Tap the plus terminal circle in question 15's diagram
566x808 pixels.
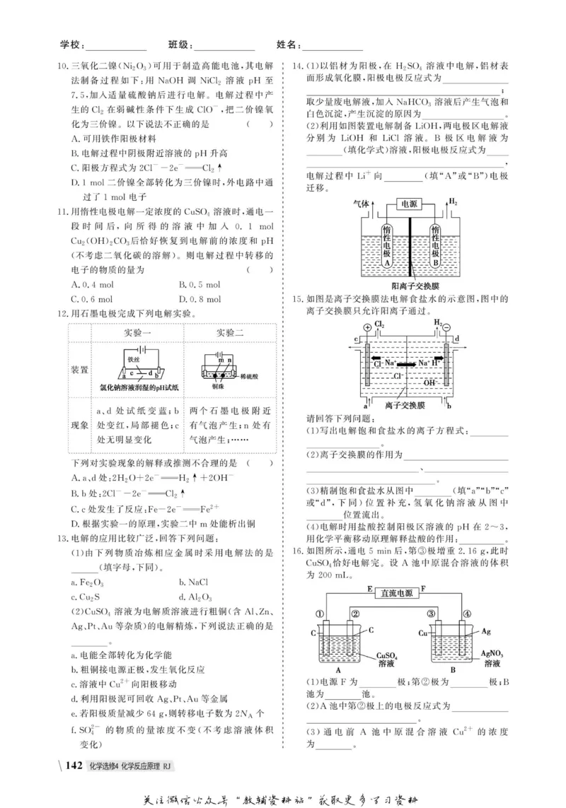[x=367, y=327]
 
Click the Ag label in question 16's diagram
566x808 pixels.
[x=485, y=630]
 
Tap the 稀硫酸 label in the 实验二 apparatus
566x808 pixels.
[x=252, y=377]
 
